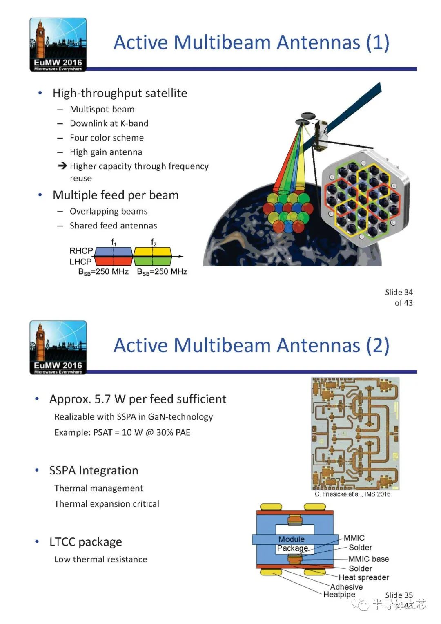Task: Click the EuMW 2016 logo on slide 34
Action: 58,45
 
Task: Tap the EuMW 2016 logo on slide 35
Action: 58,347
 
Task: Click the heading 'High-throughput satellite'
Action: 120,93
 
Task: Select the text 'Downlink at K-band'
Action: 109,123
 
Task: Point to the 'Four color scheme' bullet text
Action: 107,138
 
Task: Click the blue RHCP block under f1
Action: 114,251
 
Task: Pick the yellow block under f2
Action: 152,251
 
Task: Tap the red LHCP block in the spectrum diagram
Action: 114,261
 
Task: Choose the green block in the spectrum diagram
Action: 152,261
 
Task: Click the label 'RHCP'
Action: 81,251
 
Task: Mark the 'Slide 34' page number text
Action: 399,292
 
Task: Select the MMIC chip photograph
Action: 355,433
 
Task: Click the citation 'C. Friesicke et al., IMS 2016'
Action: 352,494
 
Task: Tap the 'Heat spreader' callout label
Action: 363,577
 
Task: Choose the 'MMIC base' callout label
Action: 368,559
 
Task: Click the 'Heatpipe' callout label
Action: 339,595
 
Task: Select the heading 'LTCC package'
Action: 86,542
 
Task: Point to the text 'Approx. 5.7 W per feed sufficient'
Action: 138,399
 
